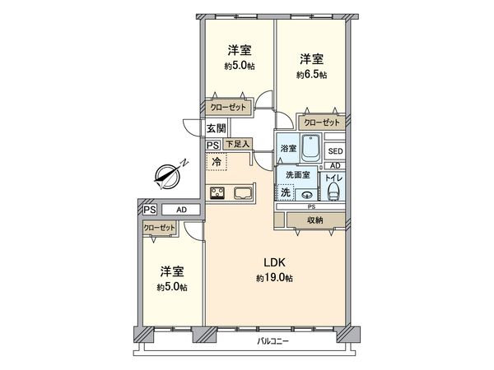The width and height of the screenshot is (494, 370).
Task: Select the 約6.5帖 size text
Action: pos(311,75)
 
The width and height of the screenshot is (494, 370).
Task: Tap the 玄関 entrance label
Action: pos(217,128)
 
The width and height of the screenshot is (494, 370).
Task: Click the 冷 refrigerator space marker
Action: pos(217,163)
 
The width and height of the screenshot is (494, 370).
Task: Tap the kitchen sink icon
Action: pos(245,195)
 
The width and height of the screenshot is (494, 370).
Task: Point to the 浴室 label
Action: pos(287,150)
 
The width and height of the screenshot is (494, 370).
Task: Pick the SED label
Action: pos(335,152)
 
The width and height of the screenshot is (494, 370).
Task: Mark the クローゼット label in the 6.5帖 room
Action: pos(321,123)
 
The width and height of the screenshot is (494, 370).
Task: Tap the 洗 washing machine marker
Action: pos(285,193)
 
